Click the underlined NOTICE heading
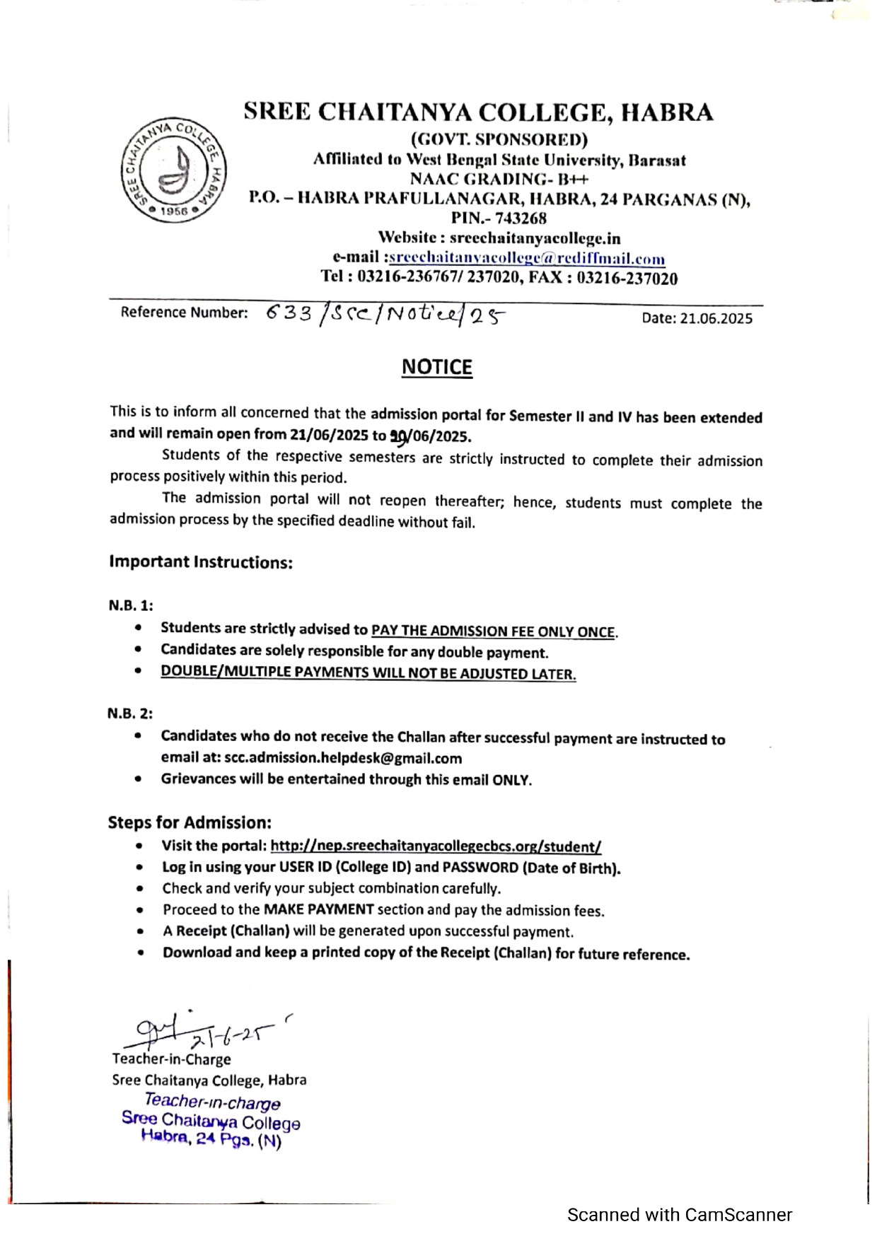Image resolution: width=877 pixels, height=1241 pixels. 436,367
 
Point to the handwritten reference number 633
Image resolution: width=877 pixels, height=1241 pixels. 289,313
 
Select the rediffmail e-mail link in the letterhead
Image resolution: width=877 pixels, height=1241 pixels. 527,259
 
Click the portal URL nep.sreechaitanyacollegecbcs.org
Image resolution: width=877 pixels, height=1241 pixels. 436,846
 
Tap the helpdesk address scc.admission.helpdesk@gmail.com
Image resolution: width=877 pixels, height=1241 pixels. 343,758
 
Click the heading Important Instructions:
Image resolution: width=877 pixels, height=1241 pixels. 201,562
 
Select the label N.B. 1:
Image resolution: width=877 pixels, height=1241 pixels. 131,605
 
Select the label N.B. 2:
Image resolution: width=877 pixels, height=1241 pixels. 130,713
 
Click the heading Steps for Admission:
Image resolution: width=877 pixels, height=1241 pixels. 190,822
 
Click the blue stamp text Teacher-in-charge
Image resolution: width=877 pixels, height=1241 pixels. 212,1102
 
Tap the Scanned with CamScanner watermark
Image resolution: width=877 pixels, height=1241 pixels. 679,1215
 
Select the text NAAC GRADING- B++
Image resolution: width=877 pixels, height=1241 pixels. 499,180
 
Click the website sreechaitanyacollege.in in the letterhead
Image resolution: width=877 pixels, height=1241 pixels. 535,239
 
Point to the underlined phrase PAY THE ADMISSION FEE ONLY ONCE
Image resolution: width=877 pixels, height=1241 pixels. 493,631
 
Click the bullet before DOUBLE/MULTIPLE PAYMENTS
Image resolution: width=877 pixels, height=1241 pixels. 139,671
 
